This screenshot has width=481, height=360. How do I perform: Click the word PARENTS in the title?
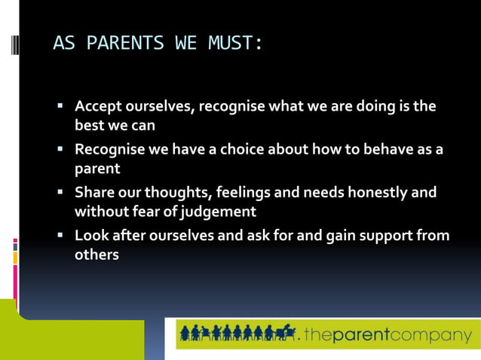124,43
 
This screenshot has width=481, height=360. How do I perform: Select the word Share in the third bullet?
93,193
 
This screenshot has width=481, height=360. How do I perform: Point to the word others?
97,255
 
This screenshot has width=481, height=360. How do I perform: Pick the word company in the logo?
440,335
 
